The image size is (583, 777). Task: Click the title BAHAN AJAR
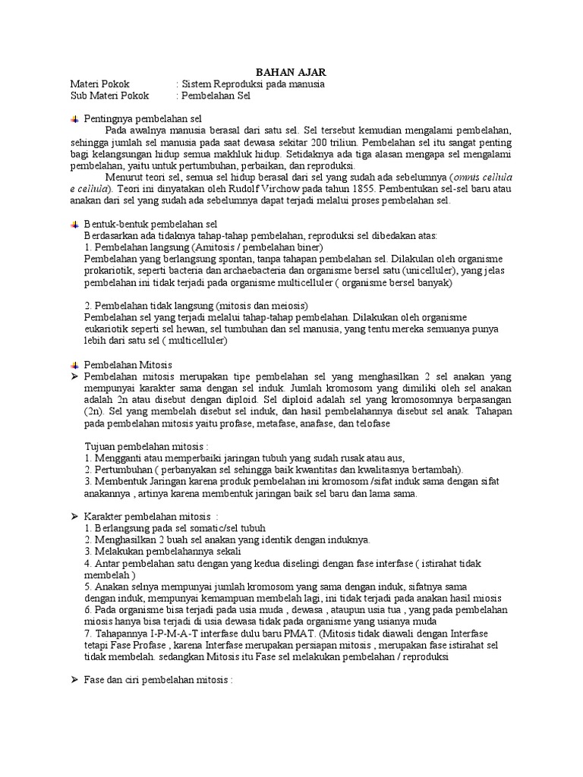tap(291, 71)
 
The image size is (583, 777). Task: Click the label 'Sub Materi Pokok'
tap(110, 96)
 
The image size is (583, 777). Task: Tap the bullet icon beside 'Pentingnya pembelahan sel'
tap(74, 119)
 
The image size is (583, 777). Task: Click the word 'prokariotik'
tap(110, 271)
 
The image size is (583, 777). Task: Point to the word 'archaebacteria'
tap(251, 271)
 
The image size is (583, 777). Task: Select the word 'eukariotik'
tap(109, 329)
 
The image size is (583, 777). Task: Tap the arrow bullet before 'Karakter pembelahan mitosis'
tap(74, 516)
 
